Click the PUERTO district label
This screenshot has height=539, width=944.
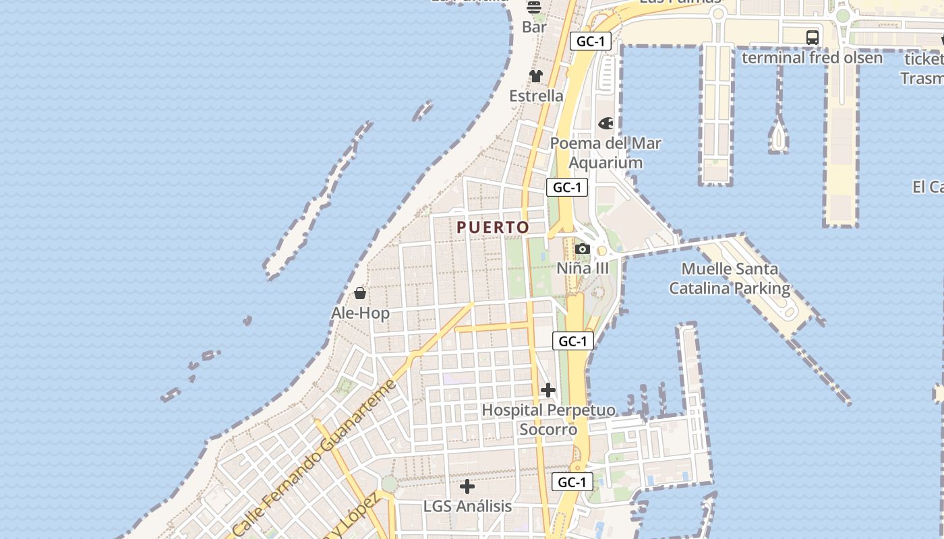point(493,228)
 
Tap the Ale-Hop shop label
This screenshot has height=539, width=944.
point(360,313)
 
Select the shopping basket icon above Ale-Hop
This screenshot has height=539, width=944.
point(360,293)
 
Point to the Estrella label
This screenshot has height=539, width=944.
point(536,96)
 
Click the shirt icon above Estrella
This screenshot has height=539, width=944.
point(536,76)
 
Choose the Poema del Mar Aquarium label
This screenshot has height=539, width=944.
point(606,153)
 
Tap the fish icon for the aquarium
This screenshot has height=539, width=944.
point(606,123)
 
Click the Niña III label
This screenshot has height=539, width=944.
point(583,268)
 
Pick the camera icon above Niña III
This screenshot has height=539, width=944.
point(583,249)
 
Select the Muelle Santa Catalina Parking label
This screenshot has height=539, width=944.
point(730,279)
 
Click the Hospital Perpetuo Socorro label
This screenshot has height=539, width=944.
point(548,420)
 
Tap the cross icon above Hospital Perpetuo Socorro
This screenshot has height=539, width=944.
point(548,390)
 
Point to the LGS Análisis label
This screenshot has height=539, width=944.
point(467,506)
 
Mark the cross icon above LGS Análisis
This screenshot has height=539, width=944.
point(467,486)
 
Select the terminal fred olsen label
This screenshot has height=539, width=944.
point(812,58)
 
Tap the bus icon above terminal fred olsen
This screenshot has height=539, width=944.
point(813,38)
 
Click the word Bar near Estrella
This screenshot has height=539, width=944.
point(535,28)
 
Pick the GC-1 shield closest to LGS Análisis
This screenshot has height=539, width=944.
point(572,482)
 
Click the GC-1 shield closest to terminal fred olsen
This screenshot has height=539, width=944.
point(590,41)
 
